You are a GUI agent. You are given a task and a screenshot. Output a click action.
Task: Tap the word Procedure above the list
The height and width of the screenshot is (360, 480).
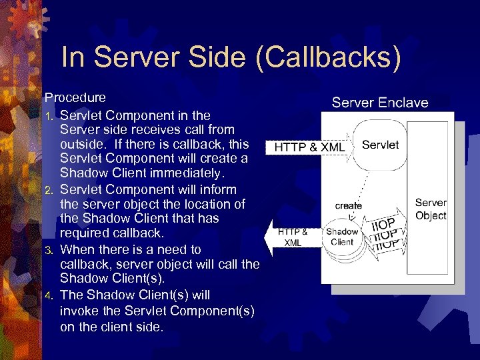[x=75, y=98]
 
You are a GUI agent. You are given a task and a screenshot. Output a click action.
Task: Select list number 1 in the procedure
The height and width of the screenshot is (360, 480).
[x=48, y=116]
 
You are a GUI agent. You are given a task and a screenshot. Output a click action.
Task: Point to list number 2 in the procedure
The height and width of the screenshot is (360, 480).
[x=49, y=191]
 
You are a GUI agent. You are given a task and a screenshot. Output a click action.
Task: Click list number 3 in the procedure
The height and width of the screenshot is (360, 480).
[x=49, y=251]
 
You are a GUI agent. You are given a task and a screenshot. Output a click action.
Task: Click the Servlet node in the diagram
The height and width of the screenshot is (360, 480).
[x=380, y=145]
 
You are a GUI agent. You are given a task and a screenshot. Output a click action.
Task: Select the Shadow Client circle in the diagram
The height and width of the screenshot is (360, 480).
[x=342, y=237]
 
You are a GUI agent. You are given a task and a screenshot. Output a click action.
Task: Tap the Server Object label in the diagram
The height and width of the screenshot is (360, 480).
[x=431, y=209]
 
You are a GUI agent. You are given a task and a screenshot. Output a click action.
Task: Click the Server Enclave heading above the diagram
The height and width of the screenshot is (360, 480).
[x=380, y=103]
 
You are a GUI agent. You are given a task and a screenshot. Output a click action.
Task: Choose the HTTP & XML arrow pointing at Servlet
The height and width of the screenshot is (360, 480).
[x=308, y=147]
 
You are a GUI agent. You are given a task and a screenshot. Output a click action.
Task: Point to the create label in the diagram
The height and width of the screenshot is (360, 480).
[x=348, y=205]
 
